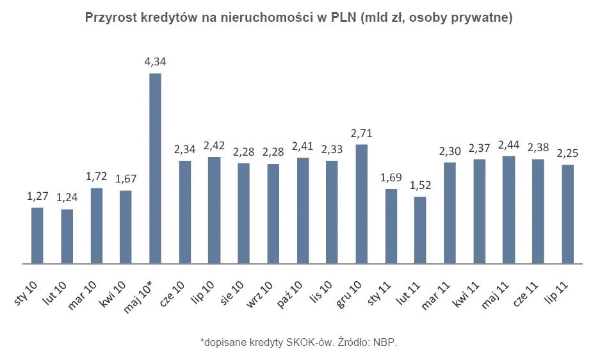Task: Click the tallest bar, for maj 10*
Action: coord(155,168)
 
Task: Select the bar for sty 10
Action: coord(37,235)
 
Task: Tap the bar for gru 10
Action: coord(361,204)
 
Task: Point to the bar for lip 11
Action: coord(567,214)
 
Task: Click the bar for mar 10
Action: coord(96,225)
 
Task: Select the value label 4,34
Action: coord(156,61)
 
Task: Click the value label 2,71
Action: coord(361,133)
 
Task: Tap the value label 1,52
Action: coord(420,185)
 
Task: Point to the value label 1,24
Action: coord(67,198)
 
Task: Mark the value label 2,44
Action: coord(509,145)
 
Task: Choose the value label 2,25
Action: coord(568,153)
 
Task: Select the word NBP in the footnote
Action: coord(385,343)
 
